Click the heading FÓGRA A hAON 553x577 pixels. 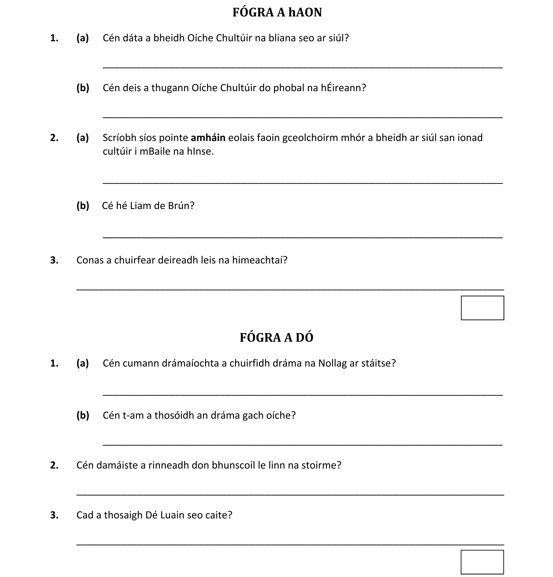click(277, 13)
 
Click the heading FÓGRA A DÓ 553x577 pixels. click(276, 338)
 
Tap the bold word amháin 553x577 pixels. click(208, 138)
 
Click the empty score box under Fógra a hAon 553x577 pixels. click(482, 308)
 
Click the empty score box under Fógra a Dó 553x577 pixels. click(482, 562)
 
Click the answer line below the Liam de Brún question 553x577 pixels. click(303, 237)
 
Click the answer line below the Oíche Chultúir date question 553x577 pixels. click(303, 67)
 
